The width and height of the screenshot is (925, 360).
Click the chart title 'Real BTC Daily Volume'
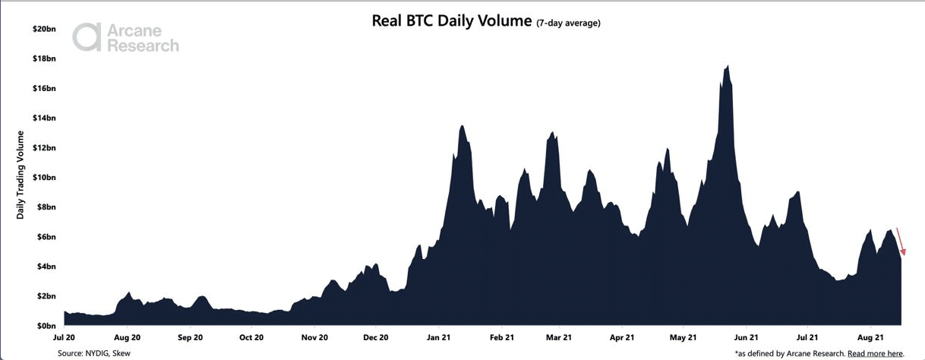tap(451, 21)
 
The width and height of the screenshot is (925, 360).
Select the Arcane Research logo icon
tap(87, 36)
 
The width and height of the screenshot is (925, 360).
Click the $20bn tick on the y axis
tap(44, 29)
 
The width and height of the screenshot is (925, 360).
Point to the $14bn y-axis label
tap(44, 118)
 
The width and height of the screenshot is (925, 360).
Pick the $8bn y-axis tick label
tap(46, 207)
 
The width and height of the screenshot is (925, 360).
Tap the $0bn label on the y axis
tap(46, 326)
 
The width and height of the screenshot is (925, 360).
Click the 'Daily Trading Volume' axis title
tap(21, 175)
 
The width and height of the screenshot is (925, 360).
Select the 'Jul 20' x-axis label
tap(64, 336)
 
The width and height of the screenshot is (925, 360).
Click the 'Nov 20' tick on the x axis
tap(314, 336)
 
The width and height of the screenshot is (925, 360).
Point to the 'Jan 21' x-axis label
tap(440, 336)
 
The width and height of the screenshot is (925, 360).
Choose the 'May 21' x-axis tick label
tap(683, 336)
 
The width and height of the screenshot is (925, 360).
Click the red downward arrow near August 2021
tap(901, 242)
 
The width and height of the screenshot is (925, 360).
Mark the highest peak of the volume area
tap(728, 67)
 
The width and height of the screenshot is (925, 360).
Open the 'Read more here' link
tap(875, 353)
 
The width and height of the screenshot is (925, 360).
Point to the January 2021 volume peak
tap(462, 126)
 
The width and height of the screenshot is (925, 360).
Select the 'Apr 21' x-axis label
tap(622, 336)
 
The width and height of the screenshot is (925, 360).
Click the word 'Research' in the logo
tap(143, 46)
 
